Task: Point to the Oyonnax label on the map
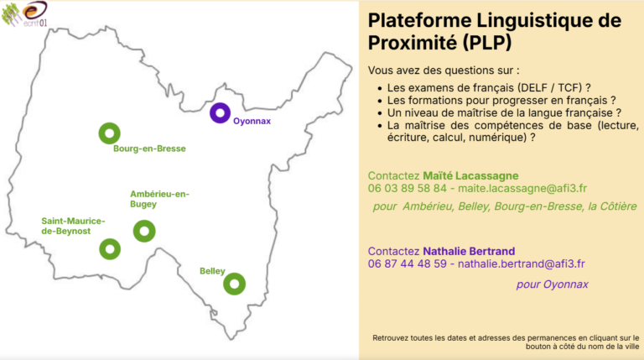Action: coord(252,121)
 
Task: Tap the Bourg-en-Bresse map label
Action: coord(149,149)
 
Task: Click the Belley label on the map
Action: coord(212,271)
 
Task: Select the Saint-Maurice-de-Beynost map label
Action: coord(73,226)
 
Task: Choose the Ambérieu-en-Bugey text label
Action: coord(160,199)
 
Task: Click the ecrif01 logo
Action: coord(25,14)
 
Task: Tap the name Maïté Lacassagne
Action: coord(470,176)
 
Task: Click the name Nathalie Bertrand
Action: coord(469,251)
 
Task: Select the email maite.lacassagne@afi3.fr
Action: coord(522,188)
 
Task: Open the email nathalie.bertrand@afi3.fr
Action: coord(522,263)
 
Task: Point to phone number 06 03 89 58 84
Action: coord(407,188)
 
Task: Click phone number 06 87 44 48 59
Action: coord(407,263)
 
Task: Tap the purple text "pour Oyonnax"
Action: coord(552,284)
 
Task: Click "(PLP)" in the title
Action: coord(487,43)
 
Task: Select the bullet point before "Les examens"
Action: coord(380,88)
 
